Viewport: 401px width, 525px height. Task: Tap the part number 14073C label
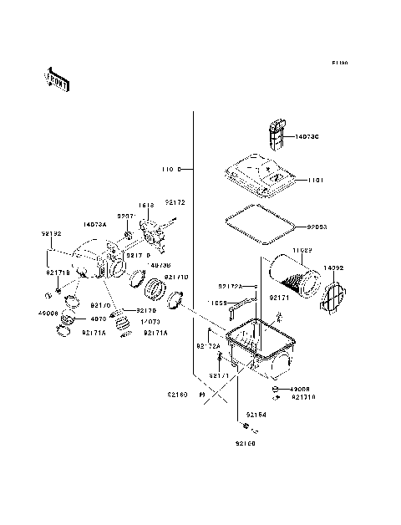click(x=306, y=136)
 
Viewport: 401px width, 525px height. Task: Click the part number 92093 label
click(x=317, y=227)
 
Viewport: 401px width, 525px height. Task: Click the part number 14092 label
click(x=333, y=268)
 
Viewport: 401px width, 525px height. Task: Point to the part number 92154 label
click(x=256, y=415)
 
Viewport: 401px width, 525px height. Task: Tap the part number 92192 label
click(x=52, y=235)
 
